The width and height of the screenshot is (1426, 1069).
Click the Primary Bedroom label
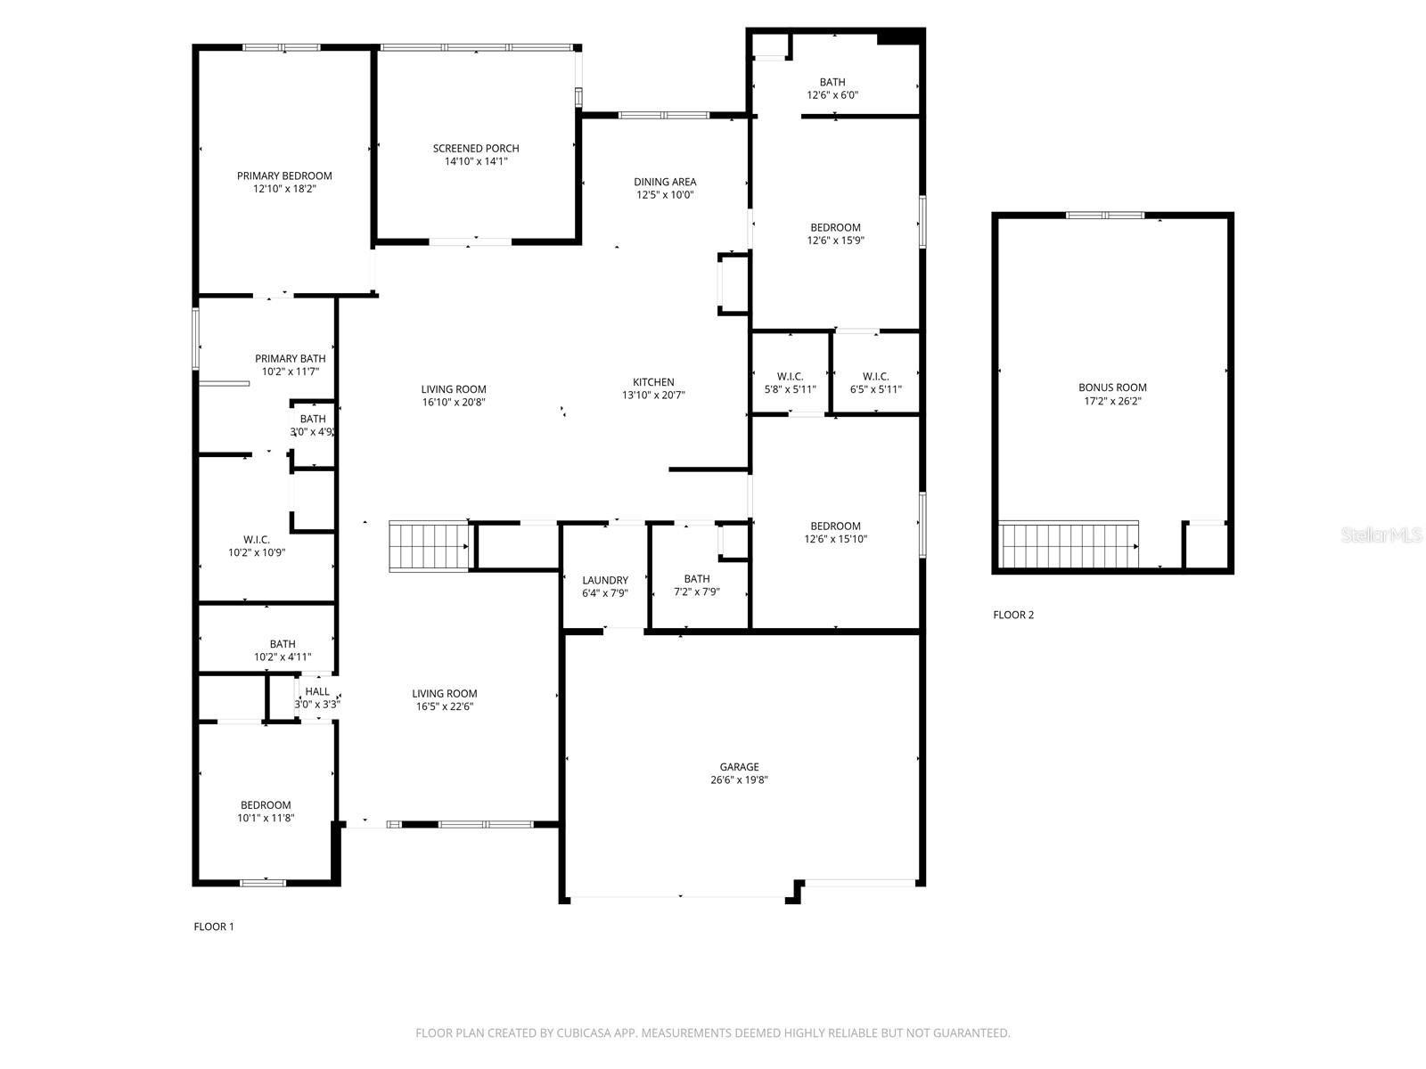click(x=284, y=176)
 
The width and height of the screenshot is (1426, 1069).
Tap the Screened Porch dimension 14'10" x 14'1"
click(x=476, y=162)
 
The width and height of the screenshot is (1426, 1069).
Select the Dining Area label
click(x=665, y=182)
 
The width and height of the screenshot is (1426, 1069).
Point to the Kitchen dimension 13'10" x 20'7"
click(x=653, y=396)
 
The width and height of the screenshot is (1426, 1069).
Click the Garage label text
click(x=740, y=767)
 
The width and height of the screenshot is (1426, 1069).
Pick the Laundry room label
click(x=605, y=580)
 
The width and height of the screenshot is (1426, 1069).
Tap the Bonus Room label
click(x=1112, y=388)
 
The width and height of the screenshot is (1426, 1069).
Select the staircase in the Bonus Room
click(x=1069, y=545)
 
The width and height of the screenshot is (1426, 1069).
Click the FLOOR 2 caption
click(x=1013, y=615)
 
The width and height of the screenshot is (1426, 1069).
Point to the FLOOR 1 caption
click(x=214, y=926)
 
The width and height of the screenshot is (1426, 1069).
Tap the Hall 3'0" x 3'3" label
click(x=317, y=698)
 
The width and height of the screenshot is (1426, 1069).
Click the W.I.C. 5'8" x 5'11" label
click(x=790, y=383)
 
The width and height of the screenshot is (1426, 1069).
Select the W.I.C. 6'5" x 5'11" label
click(x=876, y=383)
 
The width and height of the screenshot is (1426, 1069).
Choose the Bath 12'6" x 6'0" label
click(x=832, y=88)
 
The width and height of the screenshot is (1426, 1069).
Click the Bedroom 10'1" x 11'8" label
click(x=266, y=812)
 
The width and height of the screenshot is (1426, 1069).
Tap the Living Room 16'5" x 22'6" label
click(x=445, y=700)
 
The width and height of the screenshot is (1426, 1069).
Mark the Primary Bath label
click(x=290, y=359)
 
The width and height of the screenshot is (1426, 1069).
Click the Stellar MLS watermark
click(x=1382, y=535)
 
